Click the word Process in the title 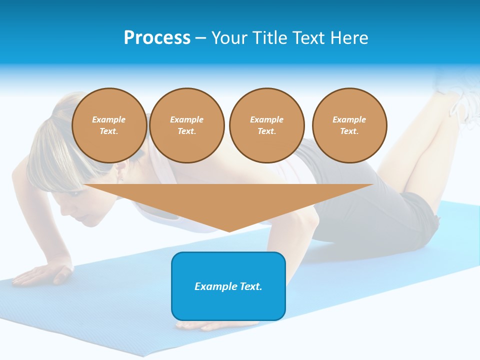coord(157,38)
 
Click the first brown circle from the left coord(109,125)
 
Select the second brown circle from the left coord(186,125)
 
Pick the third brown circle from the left coord(266,125)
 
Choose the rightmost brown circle coord(349,125)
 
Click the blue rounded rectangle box coord(228,300)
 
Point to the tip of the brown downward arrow coord(229,230)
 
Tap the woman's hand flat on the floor coord(45,273)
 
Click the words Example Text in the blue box coord(228,286)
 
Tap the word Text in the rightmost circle coord(349,131)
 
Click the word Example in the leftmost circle coord(109,119)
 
